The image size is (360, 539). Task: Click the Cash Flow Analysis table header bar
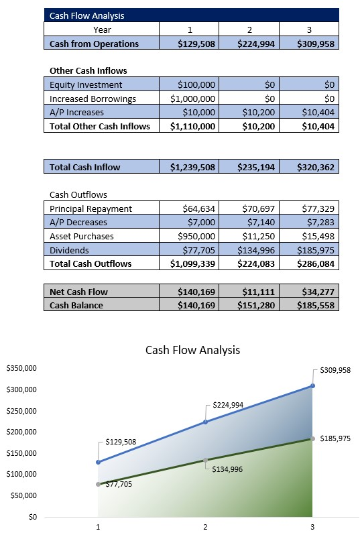click(191, 15)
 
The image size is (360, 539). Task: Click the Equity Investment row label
click(86, 84)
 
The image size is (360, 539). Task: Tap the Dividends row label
click(70, 250)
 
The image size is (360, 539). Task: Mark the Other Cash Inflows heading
click(88, 70)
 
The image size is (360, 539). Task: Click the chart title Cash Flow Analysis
click(192, 350)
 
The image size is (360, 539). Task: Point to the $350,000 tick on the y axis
click(21, 368)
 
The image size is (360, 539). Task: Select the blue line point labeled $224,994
click(205, 422)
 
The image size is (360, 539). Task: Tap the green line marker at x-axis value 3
click(312, 438)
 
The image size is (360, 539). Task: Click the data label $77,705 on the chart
click(119, 483)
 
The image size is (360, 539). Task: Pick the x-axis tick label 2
click(205, 528)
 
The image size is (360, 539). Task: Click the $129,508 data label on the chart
click(121, 442)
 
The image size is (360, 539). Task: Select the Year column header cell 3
click(309, 29)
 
